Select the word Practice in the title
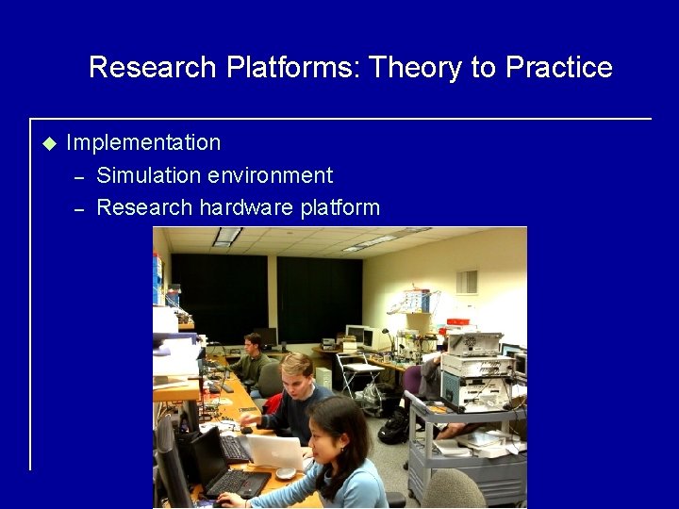point(559,68)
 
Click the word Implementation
point(143,143)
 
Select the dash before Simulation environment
point(80,176)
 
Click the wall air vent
point(467,281)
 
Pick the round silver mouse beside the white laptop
point(285,472)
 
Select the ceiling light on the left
point(225,237)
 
